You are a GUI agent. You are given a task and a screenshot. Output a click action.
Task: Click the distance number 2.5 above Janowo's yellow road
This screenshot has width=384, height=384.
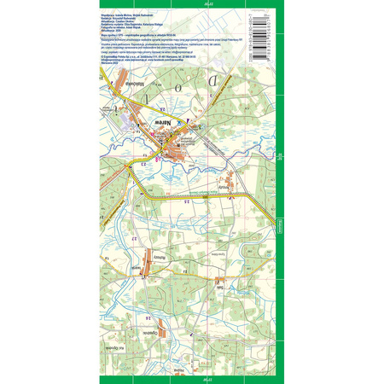tap(186, 201)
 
